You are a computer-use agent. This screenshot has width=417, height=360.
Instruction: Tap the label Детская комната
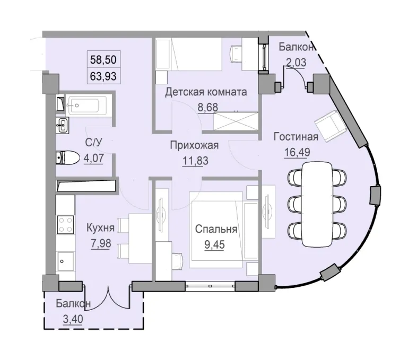coord(206,92)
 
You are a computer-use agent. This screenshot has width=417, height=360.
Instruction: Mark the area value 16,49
coord(295,153)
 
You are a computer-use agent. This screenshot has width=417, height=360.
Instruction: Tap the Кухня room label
coord(100,229)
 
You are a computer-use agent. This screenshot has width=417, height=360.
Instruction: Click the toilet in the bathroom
coord(67,157)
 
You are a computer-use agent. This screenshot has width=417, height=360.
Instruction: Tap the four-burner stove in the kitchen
coord(65,225)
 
